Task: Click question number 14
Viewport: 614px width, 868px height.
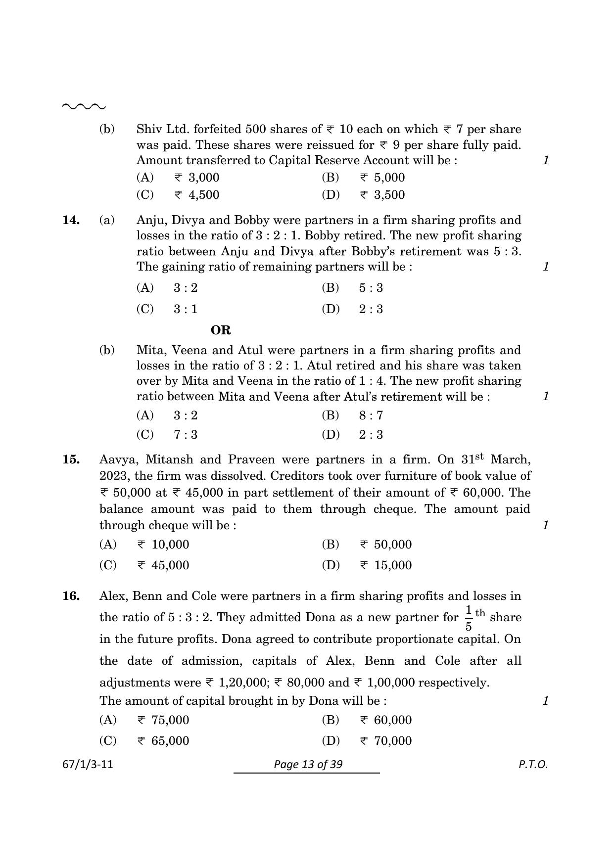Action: (x=71, y=220)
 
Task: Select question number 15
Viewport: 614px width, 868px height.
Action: (x=71, y=459)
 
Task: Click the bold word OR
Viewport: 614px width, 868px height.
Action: (x=221, y=330)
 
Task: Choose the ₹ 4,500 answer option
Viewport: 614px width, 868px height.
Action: (x=196, y=195)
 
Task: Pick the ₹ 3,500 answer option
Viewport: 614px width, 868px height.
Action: (x=382, y=195)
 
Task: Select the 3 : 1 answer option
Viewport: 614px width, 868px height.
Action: (x=186, y=309)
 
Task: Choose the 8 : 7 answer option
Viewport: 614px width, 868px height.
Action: (x=371, y=415)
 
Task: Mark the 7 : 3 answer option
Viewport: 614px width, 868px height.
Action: (x=186, y=435)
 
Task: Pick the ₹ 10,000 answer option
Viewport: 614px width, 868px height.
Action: (x=163, y=545)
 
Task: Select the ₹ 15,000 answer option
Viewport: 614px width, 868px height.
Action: (x=385, y=565)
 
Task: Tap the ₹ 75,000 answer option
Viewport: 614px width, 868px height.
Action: (x=163, y=720)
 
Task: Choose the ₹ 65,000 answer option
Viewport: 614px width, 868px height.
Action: (x=163, y=741)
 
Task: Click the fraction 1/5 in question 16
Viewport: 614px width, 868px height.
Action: (x=468, y=618)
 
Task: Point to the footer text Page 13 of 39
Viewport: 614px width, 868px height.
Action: (x=308, y=765)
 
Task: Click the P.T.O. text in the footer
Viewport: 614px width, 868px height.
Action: (x=533, y=765)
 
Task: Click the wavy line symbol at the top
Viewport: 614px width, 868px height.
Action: (x=84, y=106)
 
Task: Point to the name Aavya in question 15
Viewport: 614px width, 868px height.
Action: (x=117, y=459)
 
